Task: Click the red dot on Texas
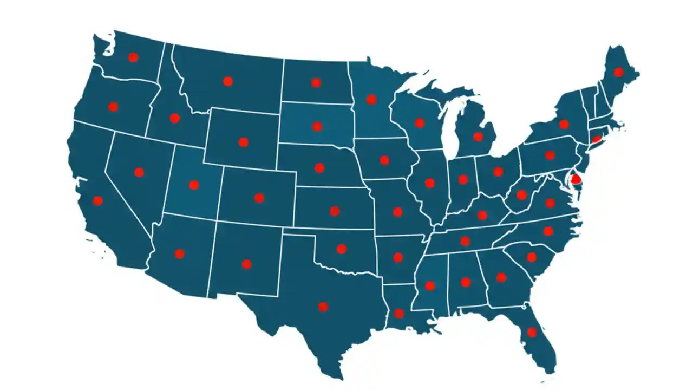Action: (x=323, y=307)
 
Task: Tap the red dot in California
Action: (x=98, y=200)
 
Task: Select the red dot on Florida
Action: (x=532, y=332)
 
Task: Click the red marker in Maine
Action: (x=619, y=72)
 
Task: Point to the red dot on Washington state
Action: (x=133, y=57)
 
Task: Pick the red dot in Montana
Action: (x=228, y=81)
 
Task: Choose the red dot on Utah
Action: (x=194, y=185)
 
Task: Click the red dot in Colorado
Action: (x=259, y=198)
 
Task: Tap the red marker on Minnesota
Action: (x=371, y=99)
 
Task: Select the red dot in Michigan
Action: (x=478, y=136)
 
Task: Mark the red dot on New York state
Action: (x=564, y=124)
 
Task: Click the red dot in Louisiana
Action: (x=399, y=313)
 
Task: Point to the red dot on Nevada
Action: (x=139, y=172)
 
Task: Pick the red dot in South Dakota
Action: (x=317, y=126)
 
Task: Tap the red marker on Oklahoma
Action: (x=342, y=249)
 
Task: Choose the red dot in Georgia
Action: (x=501, y=277)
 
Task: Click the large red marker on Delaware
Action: (x=576, y=178)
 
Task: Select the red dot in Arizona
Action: (x=180, y=253)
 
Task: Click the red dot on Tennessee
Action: (x=465, y=240)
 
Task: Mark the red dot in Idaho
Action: (x=174, y=118)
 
